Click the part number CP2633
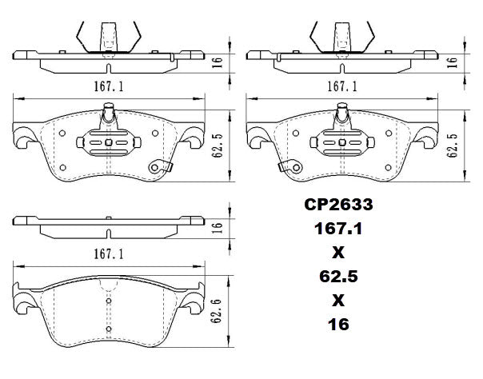[x=337, y=205]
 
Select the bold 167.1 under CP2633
[x=337, y=229]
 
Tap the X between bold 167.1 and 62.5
[x=337, y=253]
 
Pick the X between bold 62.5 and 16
[x=337, y=301]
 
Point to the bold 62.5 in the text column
[x=337, y=277]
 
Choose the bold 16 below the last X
[x=337, y=325]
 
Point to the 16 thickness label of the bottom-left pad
[x=215, y=227]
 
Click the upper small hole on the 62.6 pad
[x=108, y=302]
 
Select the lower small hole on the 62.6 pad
[x=108, y=328]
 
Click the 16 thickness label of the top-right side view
[x=452, y=61]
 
